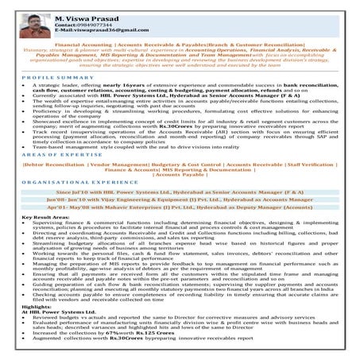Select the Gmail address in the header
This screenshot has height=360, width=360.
106,29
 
